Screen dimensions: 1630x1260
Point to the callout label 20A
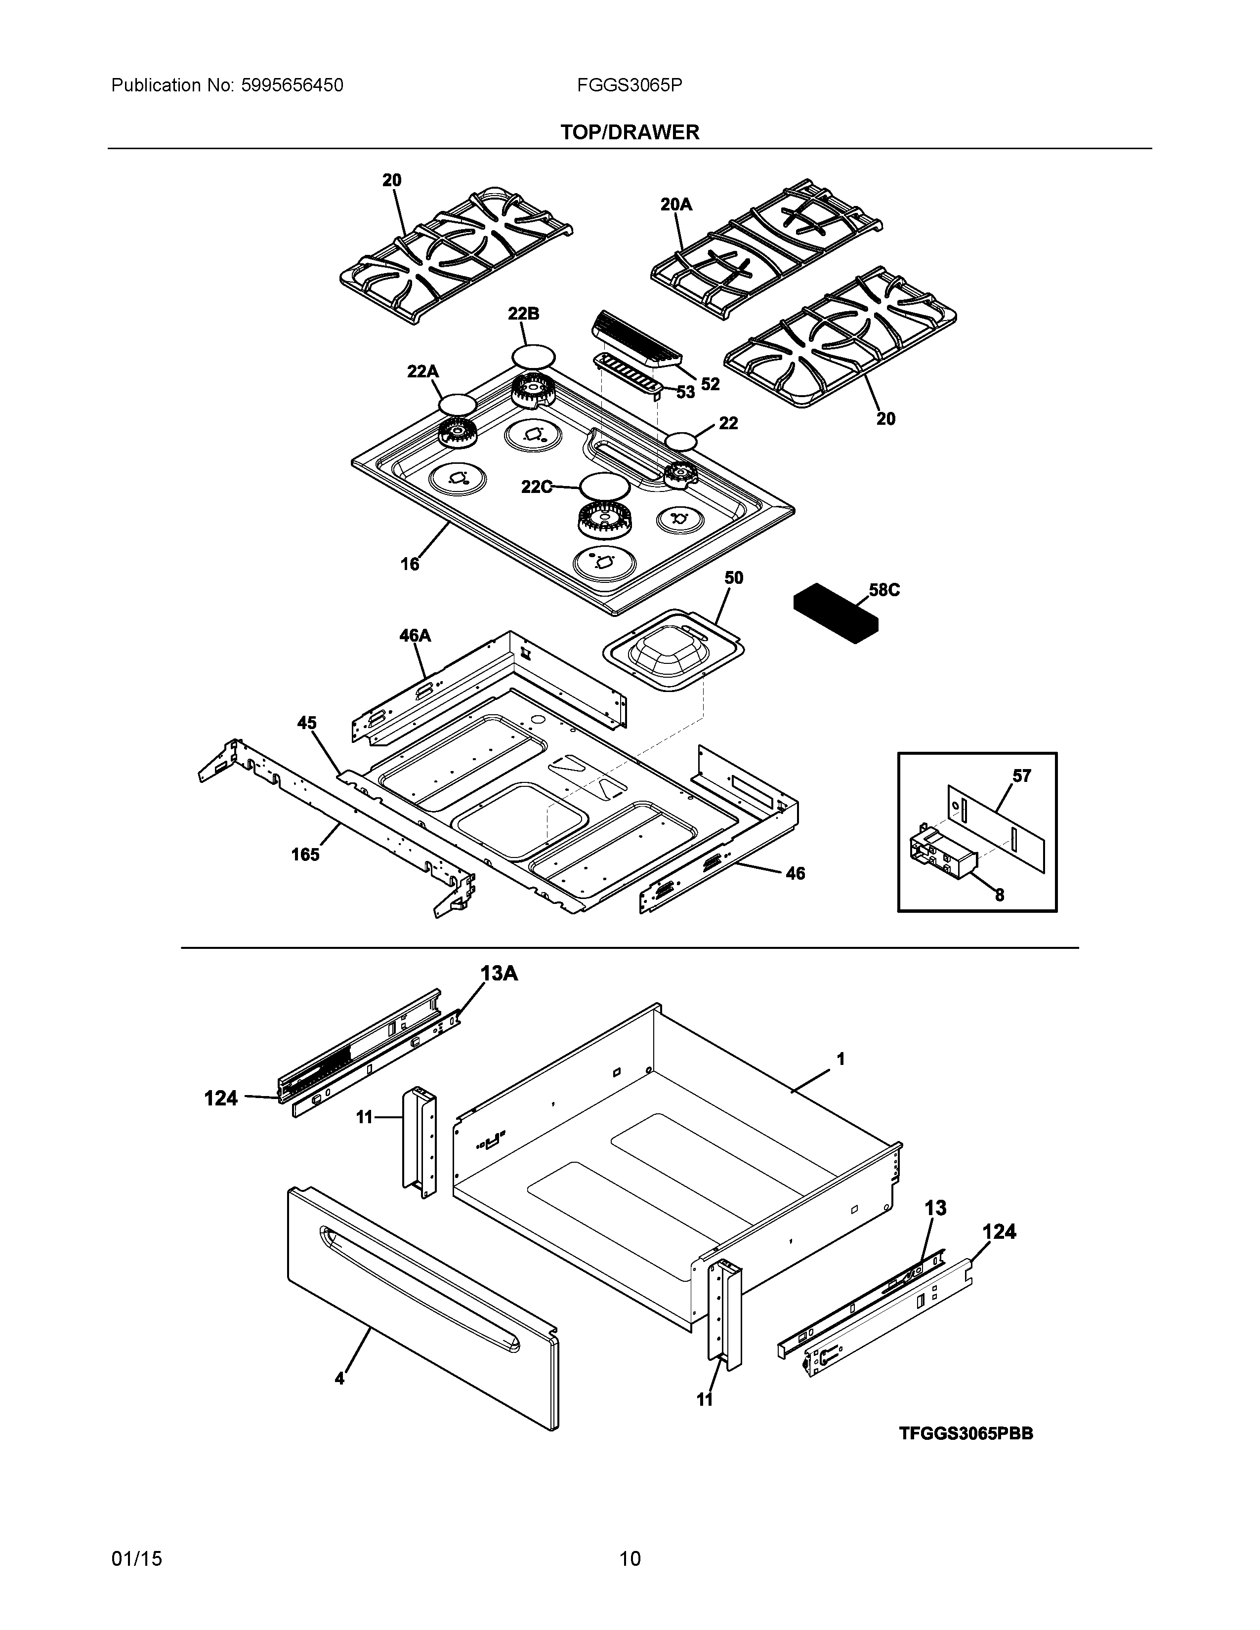(676, 204)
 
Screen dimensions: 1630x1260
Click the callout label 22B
(523, 314)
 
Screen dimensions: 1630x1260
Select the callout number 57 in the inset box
(1021, 776)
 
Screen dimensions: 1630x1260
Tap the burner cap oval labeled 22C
(605, 487)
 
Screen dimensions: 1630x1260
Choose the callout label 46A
(415, 636)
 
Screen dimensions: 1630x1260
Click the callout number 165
(305, 855)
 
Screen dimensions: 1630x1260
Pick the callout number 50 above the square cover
(734, 578)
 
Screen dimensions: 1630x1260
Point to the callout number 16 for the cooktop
(410, 564)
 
